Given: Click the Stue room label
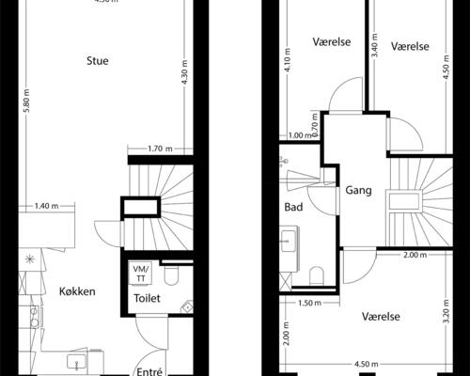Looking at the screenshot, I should (97, 61).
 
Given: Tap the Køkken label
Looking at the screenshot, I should (76, 291).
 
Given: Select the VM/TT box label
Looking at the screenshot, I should (142, 273).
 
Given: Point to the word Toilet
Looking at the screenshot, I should (147, 298).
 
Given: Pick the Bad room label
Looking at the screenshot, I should (293, 207).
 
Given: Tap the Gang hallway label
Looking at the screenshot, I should (358, 190).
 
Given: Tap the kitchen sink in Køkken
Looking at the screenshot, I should (73, 362).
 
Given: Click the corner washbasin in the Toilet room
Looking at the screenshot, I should (186, 306).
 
